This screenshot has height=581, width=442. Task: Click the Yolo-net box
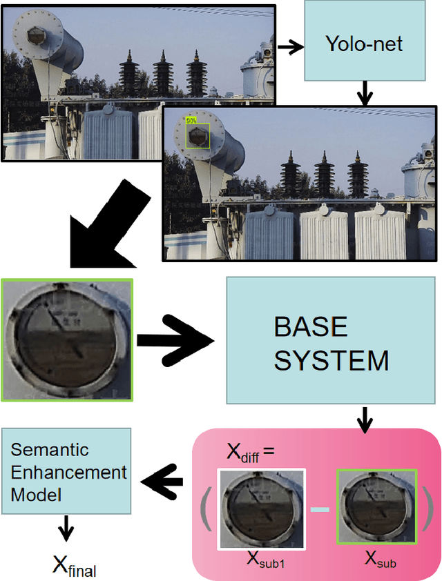363,46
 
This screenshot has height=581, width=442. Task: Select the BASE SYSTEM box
331,344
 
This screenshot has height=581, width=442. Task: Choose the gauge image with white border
260,509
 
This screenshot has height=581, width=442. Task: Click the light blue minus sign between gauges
320,509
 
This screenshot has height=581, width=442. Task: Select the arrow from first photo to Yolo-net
290,47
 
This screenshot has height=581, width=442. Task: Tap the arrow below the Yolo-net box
364,92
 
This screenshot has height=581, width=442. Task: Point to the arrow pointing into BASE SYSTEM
176,340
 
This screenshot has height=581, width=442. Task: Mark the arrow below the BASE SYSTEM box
364,418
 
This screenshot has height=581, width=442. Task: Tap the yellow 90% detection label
191,120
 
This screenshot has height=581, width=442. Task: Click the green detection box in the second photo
198,135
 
